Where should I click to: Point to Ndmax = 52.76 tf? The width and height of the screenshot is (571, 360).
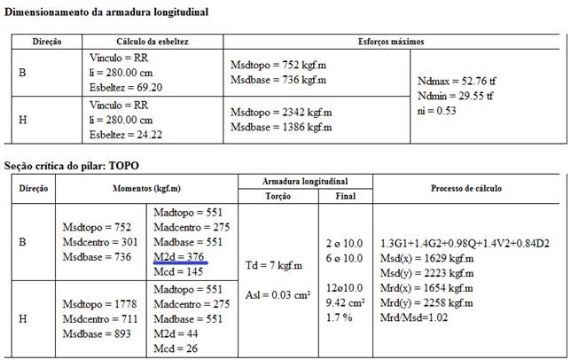click(x=455, y=80)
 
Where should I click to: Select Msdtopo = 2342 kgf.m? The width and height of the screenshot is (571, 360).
click(x=281, y=113)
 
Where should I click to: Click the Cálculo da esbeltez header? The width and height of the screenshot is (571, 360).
click(x=152, y=42)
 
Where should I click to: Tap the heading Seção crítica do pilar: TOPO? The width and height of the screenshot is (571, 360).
click(x=72, y=166)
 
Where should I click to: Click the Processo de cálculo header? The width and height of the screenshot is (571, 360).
click(x=466, y=188)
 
